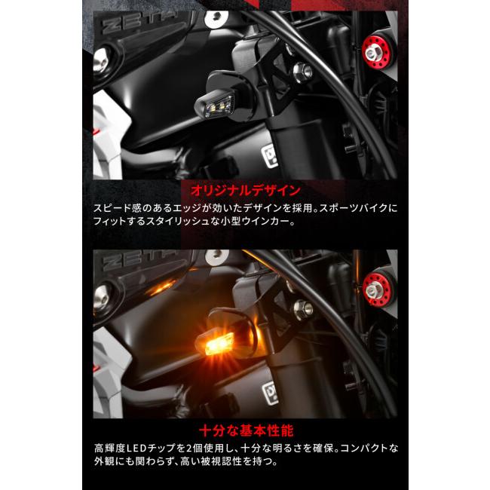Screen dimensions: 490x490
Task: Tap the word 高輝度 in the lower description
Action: click(x=112, y=448)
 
